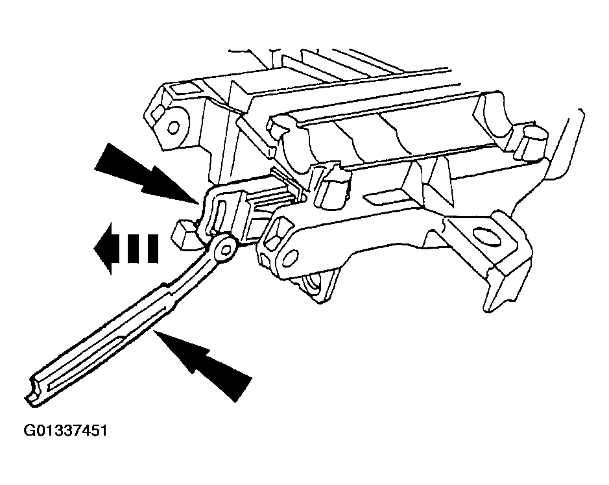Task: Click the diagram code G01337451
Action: click(x=66, y=431)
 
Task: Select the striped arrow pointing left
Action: click(x=126, y=248)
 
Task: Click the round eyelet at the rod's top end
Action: click(x=226, y=248)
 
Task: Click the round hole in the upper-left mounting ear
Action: click(x=174, y=127)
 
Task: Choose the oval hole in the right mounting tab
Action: click(x=486, y=237)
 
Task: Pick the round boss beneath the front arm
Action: click(x=315, y=286)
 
